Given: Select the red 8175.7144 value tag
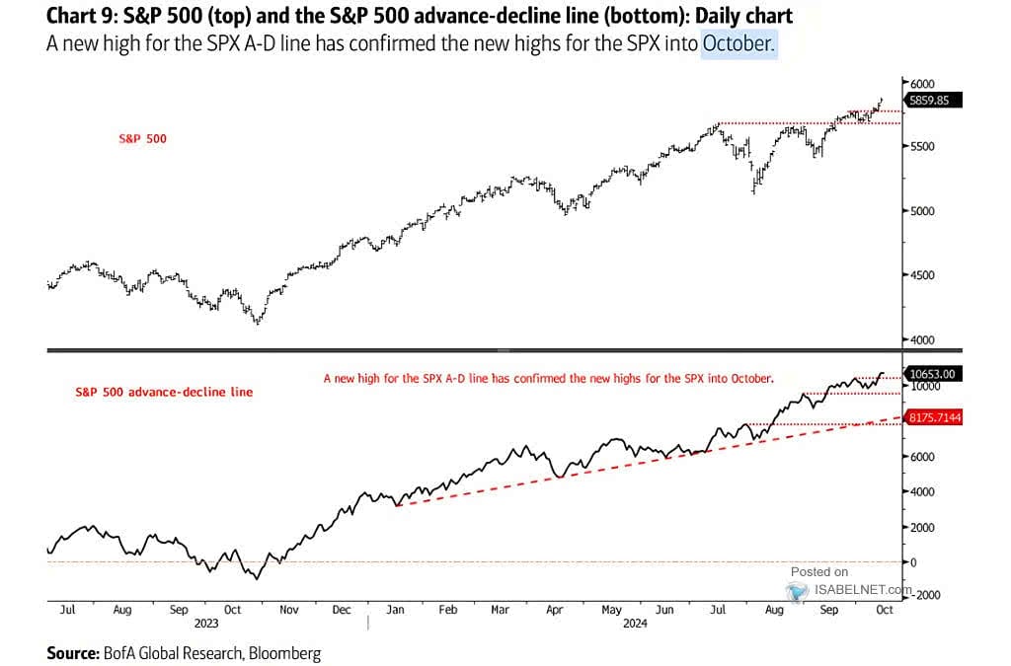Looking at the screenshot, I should pos(936,418).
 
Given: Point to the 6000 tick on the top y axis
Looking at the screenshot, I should pos(922,85).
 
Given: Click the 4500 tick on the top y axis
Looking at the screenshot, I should pos(922,275).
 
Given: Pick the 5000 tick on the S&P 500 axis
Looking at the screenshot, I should pos(922,211).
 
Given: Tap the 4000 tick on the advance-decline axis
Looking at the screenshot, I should pos(922,491).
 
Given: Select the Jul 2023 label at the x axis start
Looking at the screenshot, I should pos(67,611).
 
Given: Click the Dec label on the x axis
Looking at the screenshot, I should pos(342,611).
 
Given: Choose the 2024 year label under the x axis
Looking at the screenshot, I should pos(633,624).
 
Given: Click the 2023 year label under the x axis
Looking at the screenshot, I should pos(205,624).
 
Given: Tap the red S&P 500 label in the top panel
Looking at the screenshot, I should pos(142,139).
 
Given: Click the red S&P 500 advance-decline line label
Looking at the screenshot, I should pos(164,392).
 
